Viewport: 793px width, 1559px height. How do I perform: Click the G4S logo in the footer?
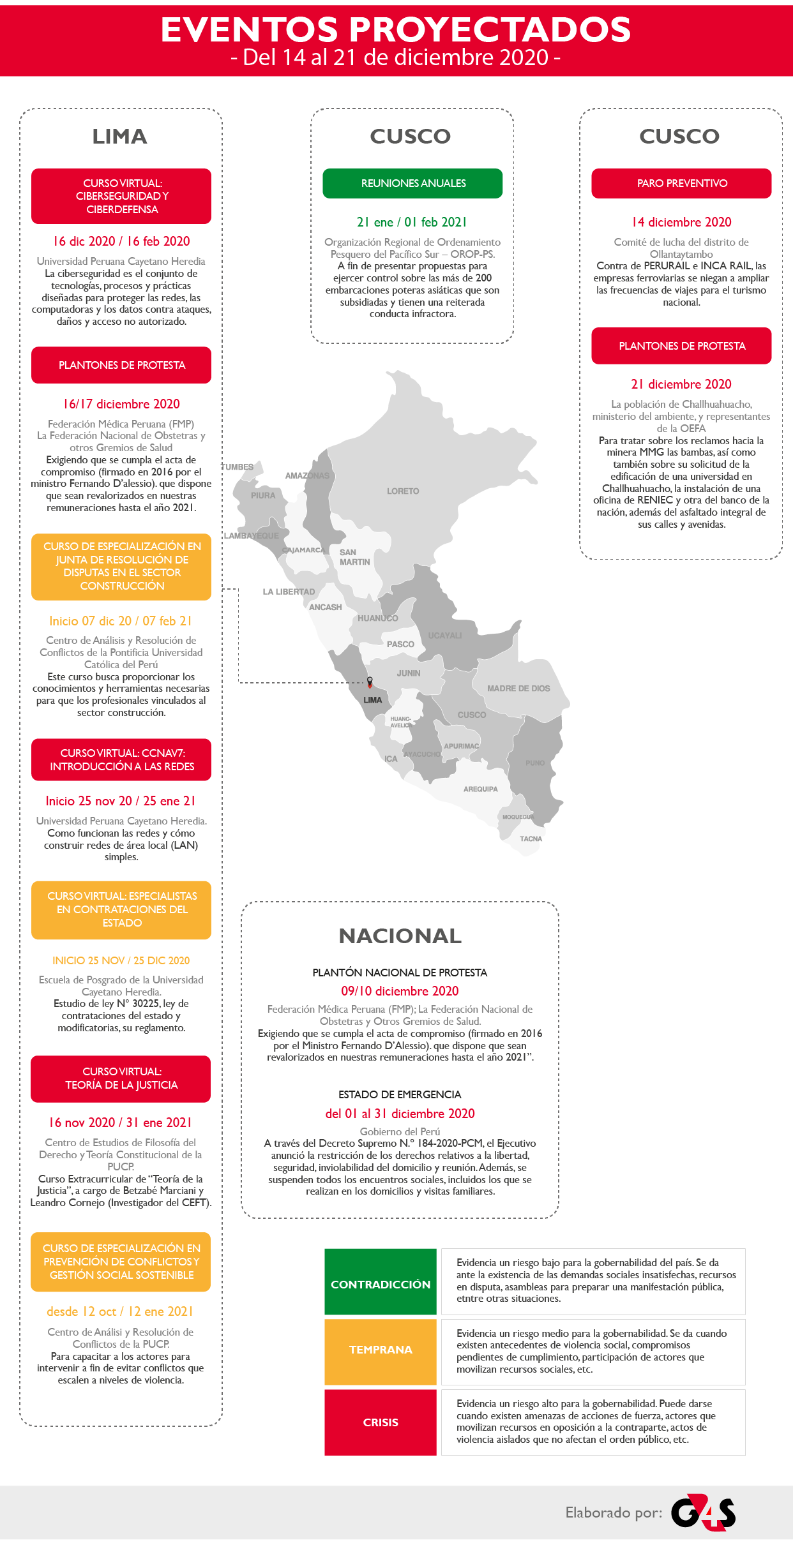(703, 1512)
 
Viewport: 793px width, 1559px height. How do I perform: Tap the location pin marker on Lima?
(370, 682)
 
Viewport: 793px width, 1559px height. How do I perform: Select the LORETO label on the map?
(403, 491)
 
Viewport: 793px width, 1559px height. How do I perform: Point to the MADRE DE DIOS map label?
(518, 689)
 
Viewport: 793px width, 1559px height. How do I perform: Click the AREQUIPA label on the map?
(480, 789)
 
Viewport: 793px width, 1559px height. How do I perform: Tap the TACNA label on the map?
(531, 839)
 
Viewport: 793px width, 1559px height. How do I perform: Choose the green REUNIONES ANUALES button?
(412, 184)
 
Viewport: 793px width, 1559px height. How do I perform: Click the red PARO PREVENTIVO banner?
(681, 184)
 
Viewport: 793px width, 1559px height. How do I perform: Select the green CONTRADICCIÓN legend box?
(381, 1285)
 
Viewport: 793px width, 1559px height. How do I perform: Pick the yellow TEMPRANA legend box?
(381, 1350)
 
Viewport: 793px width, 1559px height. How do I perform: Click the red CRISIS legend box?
(381, 1422)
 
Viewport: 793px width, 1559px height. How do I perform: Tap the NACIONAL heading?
(400, 936)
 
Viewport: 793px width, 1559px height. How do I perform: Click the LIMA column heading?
(120, 137)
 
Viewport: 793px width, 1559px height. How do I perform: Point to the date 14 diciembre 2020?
(681, 222)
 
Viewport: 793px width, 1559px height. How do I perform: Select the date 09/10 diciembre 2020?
(400, 991)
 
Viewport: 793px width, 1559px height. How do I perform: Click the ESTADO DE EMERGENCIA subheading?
(400, 1094)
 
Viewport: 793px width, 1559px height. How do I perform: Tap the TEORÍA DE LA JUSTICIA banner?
(121, 1078)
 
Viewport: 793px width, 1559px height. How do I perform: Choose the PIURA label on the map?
(263, 496)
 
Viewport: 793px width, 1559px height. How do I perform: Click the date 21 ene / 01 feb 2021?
(412, 222)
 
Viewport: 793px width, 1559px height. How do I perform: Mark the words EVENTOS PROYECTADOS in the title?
(396, 29)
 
